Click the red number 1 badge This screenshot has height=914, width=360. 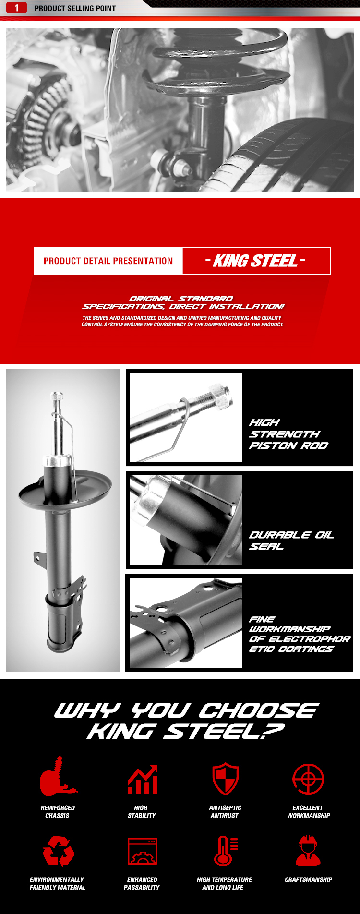click(x=16, y=8)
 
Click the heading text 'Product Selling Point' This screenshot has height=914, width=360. click(x=75, y=8)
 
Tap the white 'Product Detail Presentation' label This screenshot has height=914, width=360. click(x=108, y=261)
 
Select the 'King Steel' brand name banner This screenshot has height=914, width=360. click(x=256, y=261)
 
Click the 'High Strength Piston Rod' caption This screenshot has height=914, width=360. click(x=288, y=434)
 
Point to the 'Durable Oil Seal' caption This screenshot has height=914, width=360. click(x=291, y=541)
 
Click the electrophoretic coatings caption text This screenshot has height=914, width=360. click(x=299, y=634)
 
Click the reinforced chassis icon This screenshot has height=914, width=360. click(x=58, y=777)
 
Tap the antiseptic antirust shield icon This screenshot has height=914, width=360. click(x=225, y=778)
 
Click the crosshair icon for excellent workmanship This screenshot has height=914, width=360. click(x=308, y=779)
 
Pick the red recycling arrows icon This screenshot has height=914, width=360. click(x=58, y=851)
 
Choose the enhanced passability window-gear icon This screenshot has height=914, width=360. click(x=142, y=851)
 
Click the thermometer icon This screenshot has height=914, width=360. click(x=224, y=851)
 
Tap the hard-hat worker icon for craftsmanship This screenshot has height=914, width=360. click(x=308, y=851)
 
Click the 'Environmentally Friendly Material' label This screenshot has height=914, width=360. click(x=58, y=883)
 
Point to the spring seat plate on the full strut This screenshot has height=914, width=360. click(x=65, y=492)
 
